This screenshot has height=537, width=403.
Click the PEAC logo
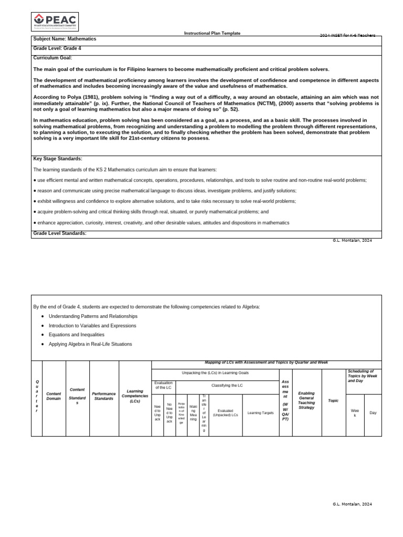click(x=55, y=22)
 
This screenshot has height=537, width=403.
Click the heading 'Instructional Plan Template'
click(x=212, y=33)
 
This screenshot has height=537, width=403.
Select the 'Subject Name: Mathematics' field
click(x=65, y=39)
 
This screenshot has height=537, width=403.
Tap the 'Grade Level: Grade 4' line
click(x=57, y=48)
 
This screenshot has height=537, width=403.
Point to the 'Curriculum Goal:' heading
click(x=52, y=58)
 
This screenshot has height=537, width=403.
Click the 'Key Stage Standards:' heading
click(x=58, y=158)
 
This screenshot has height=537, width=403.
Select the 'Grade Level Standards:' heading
click(x=60, y=233)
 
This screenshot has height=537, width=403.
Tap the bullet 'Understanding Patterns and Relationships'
click(x=93, y=316)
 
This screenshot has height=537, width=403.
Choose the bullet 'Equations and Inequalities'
click(x=77, y=335)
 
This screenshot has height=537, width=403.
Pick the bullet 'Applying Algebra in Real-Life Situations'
click(x=90, y=344)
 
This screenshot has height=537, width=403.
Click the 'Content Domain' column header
click(x=54, y=396)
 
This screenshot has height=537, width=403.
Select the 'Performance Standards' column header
click(x=104, y=396)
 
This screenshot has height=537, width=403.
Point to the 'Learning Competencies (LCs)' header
click(x=135, y=396)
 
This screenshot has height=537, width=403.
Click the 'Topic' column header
click(x=333, y=401)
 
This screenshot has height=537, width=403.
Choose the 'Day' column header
click(x=373, y=413)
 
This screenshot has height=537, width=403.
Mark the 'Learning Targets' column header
click(x=260, y=413)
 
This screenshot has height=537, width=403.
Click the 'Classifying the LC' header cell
click(x=227, y=385)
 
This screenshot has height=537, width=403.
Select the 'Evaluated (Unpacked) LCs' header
click(x=225, y=413)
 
